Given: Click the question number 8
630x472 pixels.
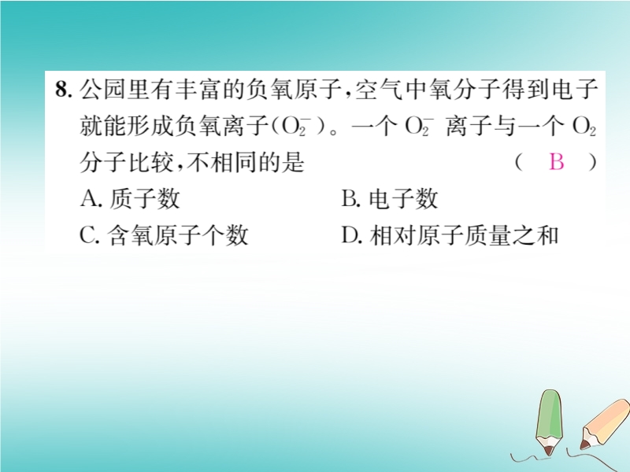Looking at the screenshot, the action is [63, 89].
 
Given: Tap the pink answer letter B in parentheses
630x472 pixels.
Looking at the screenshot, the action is [557, 162].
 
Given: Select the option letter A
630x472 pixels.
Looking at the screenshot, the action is [89, 198].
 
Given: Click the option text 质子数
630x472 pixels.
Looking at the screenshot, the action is [144, 198].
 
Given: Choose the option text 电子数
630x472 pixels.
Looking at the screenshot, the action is [403, 198].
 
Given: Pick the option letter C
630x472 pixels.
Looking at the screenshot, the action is [88, 234].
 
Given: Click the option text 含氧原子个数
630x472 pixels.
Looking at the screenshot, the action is [178, 234].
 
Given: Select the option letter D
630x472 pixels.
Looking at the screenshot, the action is [350, 234].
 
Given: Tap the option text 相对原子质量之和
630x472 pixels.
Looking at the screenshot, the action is [464, 234].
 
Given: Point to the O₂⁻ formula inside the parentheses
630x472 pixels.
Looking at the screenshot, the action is [296, 126].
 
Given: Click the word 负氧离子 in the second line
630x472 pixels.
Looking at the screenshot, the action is [221, 126].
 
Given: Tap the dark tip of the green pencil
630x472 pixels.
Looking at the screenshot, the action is [549, 451].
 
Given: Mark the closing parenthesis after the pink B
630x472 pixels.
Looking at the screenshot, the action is [592, 162].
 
